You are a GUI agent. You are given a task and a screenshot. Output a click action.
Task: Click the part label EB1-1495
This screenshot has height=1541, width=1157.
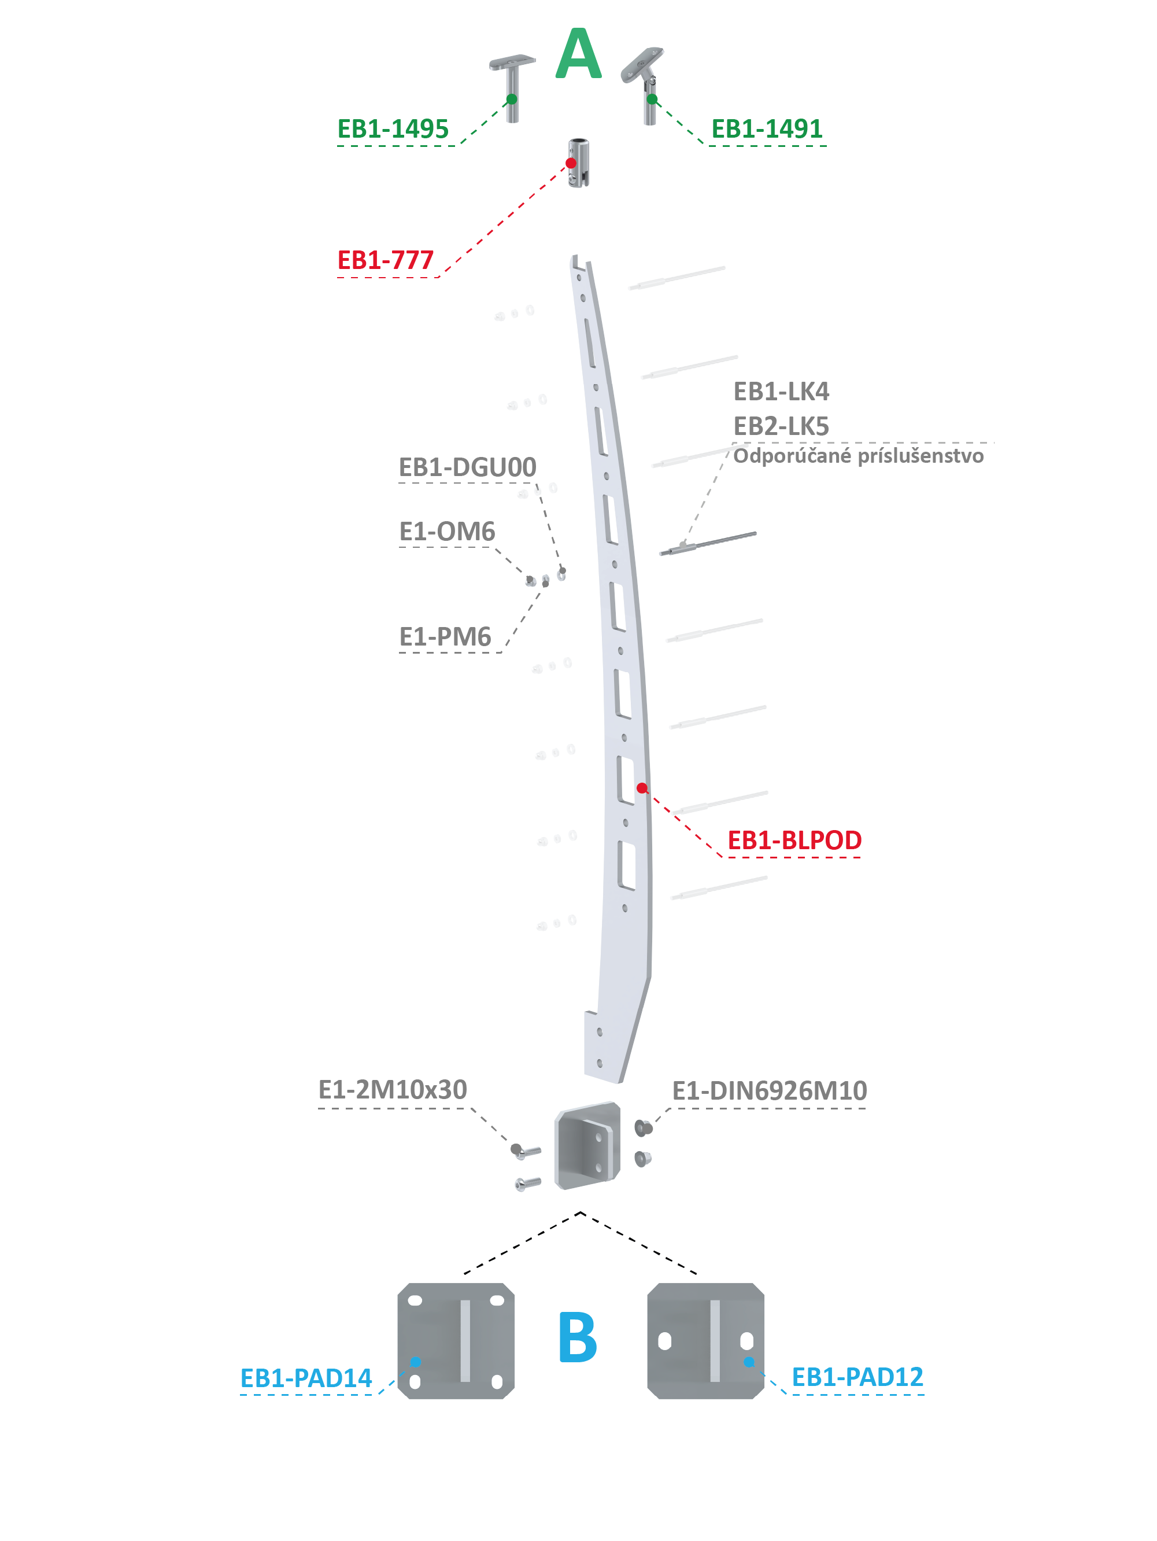[393, 129]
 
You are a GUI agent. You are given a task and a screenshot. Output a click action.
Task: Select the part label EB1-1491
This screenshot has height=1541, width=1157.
[767, 129]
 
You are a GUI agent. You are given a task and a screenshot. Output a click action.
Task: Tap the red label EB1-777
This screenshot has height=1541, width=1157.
[385, 260]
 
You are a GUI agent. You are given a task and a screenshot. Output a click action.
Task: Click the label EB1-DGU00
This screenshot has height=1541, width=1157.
[467, 467]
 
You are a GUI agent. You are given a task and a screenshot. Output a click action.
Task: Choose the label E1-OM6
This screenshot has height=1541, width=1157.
[447, 532]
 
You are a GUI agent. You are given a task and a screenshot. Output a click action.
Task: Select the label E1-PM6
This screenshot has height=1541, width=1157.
[445, 637]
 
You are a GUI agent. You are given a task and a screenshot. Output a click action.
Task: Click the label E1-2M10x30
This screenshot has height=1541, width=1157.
[393, 1090]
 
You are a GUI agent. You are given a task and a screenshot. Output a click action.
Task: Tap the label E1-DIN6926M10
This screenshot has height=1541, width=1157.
[770, 1090]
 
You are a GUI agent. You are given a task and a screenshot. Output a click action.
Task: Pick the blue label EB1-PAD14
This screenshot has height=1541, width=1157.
[306, 1378]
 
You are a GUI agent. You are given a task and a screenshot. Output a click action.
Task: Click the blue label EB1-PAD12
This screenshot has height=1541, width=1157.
[857, 1377]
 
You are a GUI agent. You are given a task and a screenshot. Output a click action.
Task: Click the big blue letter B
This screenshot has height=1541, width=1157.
[578, 1337]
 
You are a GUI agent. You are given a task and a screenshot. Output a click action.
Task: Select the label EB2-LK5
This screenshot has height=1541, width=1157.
[782, 426]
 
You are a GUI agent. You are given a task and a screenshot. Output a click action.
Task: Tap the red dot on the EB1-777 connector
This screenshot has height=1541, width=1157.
[571, 163]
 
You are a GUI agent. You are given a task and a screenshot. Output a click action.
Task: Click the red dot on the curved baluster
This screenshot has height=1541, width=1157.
[642, 788]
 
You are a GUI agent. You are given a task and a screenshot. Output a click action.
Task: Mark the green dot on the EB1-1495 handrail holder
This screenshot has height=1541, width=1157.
[512, 99]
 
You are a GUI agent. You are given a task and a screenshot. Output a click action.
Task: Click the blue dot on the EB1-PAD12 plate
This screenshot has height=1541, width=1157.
[749, 1362]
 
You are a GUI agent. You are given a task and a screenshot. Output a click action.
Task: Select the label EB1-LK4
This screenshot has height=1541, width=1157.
[782, 392]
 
